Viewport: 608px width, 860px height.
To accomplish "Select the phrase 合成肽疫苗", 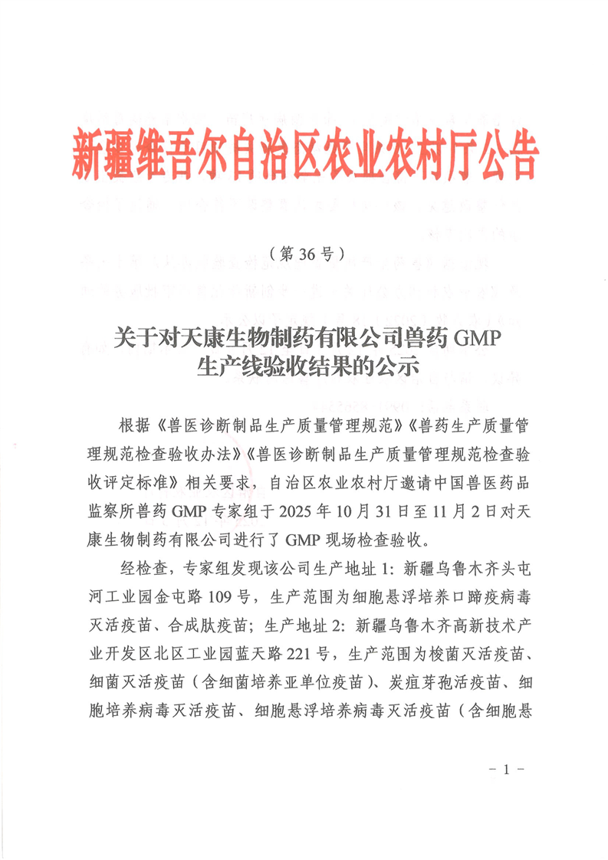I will pyautogui.click(x=209, y=624).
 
